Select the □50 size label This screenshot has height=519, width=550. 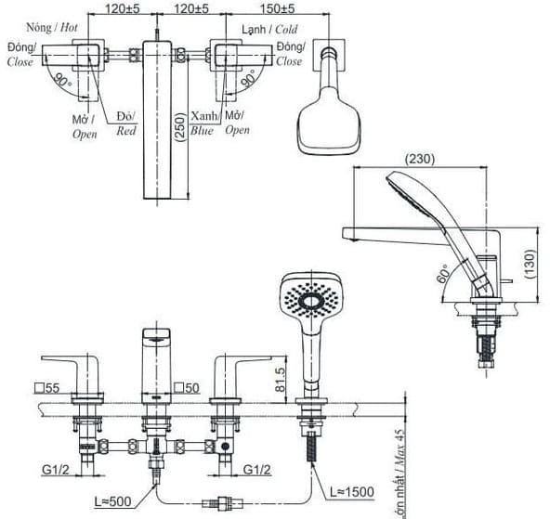click(x=188, y=388)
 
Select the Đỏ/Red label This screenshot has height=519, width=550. click(x=126, y=123)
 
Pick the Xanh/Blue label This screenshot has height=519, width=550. click(x=203, y=123)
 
